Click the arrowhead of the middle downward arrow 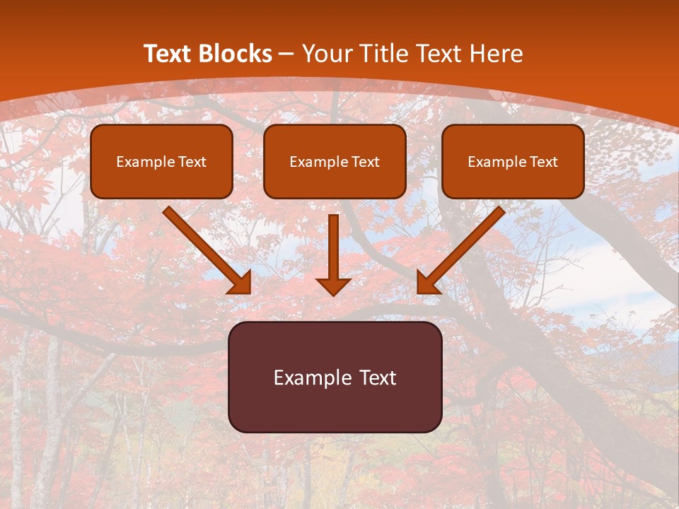pos(333,286)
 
